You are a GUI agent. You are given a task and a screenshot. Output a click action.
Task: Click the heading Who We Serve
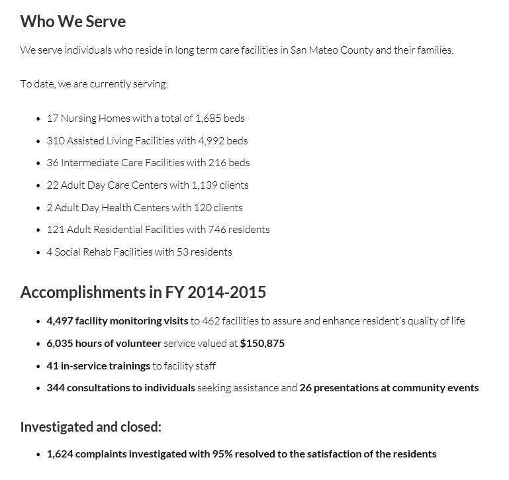pyautogui.click(x=73, y=21)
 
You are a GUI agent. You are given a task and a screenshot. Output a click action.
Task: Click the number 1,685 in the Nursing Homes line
pyautogui.click(x=208, y=118)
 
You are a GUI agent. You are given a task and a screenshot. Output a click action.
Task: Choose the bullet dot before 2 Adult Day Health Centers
pyautogui.click(x=38, y=208)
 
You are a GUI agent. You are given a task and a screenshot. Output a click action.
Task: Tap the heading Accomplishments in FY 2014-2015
pyautogui.click(x=143, y=292)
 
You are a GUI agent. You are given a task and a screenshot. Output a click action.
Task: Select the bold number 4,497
pyautogui.click(x=60, y=320)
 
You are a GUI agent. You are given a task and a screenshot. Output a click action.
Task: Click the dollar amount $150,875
pyautogui.click(x=262, y=343)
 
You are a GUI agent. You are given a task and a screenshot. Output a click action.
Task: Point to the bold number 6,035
pyautogui.click(x=60, y=343)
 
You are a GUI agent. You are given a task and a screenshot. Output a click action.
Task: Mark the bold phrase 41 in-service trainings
pyautogui.click(x=98, y=365)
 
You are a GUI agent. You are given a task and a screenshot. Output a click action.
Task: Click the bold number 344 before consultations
pyautogui.click(x=55, y=387)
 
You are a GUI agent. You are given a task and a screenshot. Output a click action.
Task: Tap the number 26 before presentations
pyautogui.click(x=305, y=387)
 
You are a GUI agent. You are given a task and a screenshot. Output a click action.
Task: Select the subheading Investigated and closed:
pyautogui.click(x=91, y=426)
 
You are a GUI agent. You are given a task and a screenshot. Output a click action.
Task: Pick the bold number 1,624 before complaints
pyautogui.click(x=60, y=454)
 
